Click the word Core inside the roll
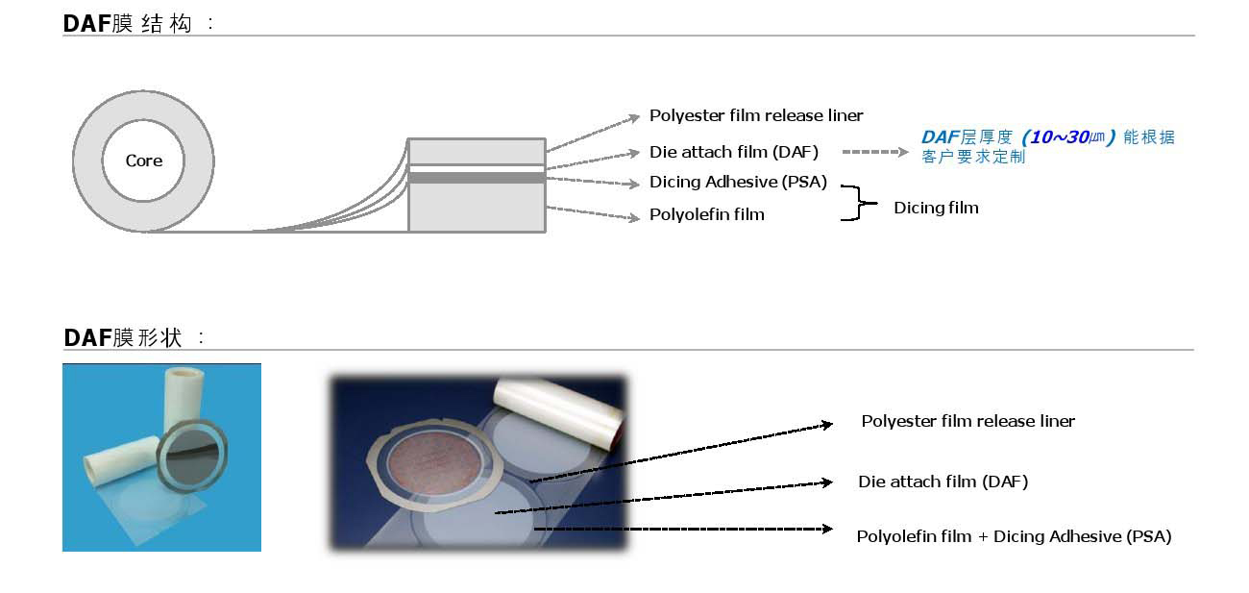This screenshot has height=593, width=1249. [x=144, y=161]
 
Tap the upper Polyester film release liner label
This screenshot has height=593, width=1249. [x=756, y=115]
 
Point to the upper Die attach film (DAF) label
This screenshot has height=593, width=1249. [x=734, y=152]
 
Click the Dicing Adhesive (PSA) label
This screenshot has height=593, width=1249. [x=738, y=182]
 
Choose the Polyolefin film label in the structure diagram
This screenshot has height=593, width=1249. [x=707, y=214]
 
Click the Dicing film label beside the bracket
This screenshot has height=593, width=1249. [x=936, y=208]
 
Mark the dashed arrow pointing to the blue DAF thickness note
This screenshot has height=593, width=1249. [x=874, y=152]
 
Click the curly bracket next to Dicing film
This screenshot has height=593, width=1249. [x=857, y=204]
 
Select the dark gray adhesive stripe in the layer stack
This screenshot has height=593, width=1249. [x=477, y=177]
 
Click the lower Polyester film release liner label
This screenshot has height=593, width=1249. [x=967, y=421]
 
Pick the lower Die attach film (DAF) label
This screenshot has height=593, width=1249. [x=943, y=482]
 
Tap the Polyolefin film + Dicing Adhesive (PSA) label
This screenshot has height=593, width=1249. [x=1014, y=536]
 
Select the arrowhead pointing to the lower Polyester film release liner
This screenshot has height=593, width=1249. [x=826, y=424]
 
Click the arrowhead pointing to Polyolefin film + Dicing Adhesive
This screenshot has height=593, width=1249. [x=825, y=529]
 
